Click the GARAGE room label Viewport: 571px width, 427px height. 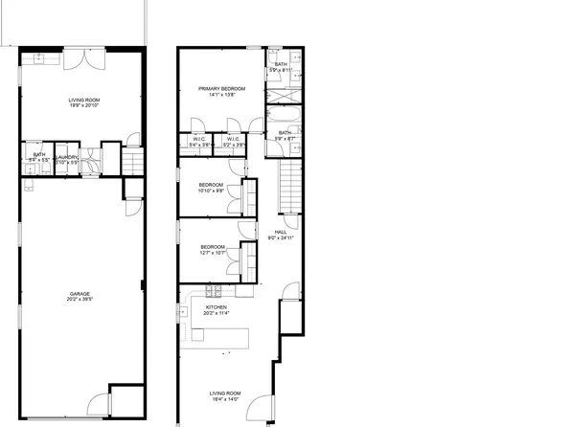tap(80, 294)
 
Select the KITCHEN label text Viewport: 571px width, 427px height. tap(216, 307)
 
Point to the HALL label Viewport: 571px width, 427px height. tap(281, 232)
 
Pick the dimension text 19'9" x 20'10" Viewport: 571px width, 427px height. tap(82, 106)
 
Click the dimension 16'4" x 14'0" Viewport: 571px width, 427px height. tap(226, 399)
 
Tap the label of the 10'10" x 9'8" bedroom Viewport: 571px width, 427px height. tap(211, 184)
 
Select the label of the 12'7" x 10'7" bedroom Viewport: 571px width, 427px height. tap(213, 247)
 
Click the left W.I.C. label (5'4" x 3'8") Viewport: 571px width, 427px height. tap(199, 140)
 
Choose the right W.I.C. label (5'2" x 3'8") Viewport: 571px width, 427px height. tap(233, 140)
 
